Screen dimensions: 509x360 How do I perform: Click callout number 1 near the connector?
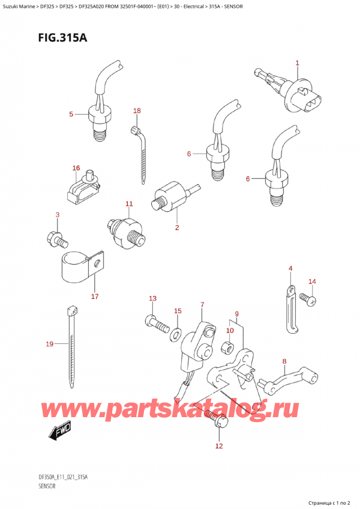coord(297,63)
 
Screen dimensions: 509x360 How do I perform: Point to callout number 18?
coord(137,111)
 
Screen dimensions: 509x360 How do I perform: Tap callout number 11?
coord(129,204)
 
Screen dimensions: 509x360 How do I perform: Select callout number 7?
coord(202,305)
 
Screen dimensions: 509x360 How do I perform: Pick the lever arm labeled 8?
coord(281,383)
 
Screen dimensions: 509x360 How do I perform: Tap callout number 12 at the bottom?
coord(218,445)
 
